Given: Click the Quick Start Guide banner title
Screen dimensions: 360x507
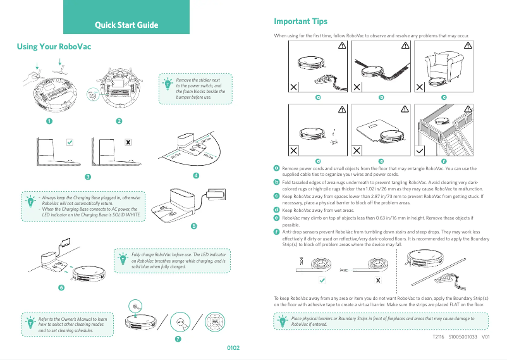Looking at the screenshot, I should (126, 25).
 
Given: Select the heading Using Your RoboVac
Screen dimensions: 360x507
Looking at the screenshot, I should (54, 47).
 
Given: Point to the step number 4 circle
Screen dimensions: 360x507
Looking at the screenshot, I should (196, 175).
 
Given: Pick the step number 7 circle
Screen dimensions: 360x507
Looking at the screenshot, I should (178, 339).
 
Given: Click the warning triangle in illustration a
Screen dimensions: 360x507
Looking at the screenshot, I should (341, 46).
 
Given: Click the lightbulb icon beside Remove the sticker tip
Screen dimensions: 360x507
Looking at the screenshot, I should (168, 84).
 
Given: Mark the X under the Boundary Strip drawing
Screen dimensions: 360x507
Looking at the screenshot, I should (377, 280).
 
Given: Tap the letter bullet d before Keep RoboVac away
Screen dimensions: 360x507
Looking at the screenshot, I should (276, 209).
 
